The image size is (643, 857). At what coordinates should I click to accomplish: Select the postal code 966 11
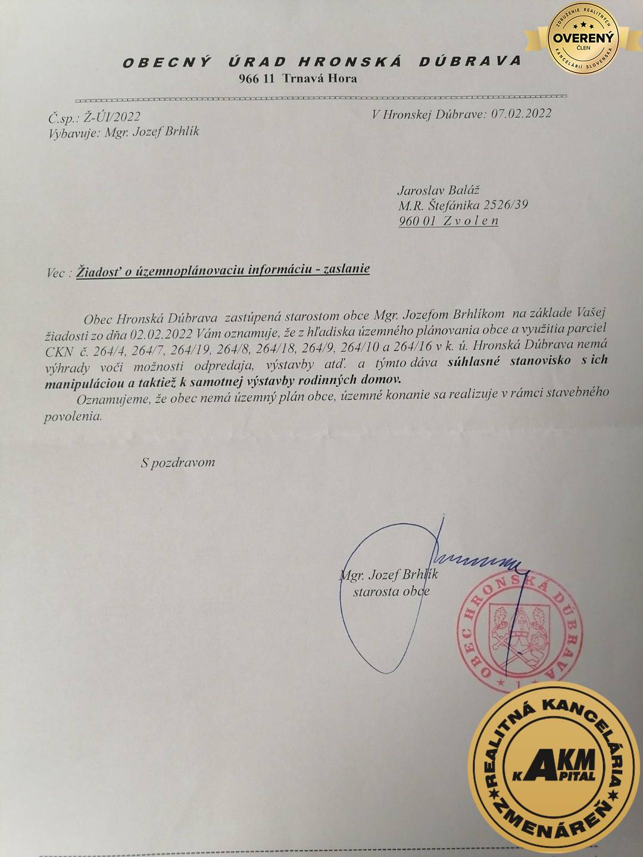click(256, 79)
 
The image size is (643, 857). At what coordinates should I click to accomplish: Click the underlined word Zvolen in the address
click(471, 221)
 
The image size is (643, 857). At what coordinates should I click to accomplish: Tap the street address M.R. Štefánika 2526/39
click(463, 205)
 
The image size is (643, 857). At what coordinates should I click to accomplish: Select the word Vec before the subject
click(57, 273)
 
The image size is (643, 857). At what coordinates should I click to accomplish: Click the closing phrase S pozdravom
click(178, 462)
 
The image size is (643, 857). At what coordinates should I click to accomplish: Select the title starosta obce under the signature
click(391, 592)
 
